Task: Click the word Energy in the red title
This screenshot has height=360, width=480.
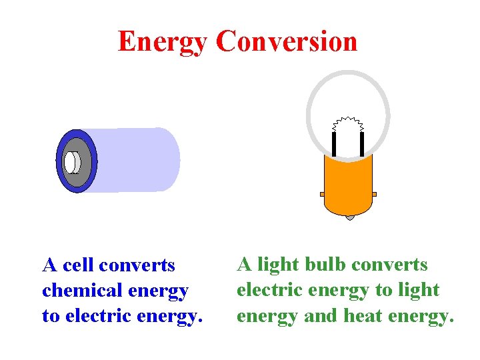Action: (163, 41)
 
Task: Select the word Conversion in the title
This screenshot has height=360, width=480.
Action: (287, 41)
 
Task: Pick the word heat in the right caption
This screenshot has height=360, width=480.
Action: (365, 315)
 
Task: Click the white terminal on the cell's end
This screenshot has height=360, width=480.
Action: (71, 162)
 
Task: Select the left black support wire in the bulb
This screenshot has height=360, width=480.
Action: (333, 143)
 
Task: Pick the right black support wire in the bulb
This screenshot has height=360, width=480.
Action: (362, 143)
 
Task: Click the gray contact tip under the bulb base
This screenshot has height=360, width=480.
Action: (349, 217)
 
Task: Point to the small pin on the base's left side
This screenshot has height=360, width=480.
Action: (322, 194)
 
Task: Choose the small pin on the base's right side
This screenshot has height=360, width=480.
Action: (375, 194)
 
